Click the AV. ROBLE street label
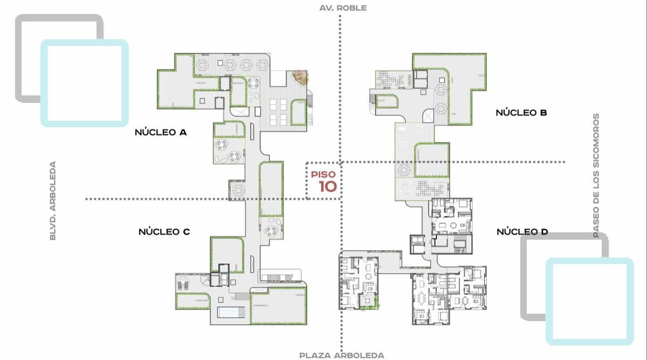[343, 8]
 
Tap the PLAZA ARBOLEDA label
[342, 355]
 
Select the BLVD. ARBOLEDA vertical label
[53, 200]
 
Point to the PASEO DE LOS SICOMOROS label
[596, 175]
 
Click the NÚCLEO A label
[161, 132]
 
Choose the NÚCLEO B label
[521, 112]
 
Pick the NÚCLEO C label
[164, 232]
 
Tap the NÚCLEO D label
[522, 232]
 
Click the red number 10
[328, 186]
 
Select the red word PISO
[323, 175]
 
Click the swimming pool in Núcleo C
[231, 312]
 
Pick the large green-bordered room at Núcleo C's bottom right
[278, 306]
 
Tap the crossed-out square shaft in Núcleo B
[428, 116]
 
